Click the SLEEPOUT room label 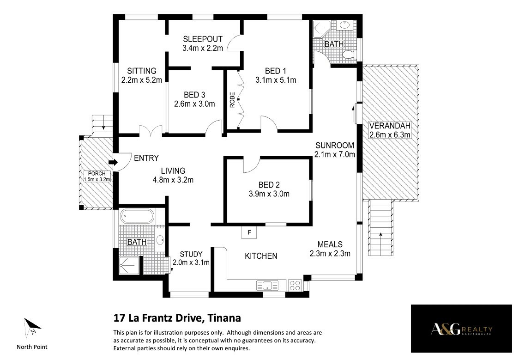pyautogui.click(x=203, y=39)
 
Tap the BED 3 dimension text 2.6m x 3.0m pyautogui.click(x=195, y=104)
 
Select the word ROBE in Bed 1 pyautogui.click(x=232, y=100)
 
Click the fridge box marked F pyautogui.click(x=249, y=232)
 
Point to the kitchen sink pyautogui.click(x=267, y=285)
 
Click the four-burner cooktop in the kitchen pyautogui.click(x=295, y=285)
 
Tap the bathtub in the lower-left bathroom pyautogui.click(x=137, y=216)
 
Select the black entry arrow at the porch pyautogui.click(x=113, y=162)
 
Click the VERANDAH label pyautogui.click(x=390, y=126)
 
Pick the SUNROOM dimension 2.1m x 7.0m pyautogui.click(x=335, y=154)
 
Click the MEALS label pyautogui.click(x=330, y=244)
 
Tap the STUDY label pyautogui.click(x=191, y=254)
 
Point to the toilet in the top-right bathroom pyautogui.click(x=348, y=54)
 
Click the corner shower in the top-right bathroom pyautogui.click(x=321, y=29)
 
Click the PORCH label pyautogui.click(x=97, y=174)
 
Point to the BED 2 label pyautogui.click(x=269, y=185)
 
